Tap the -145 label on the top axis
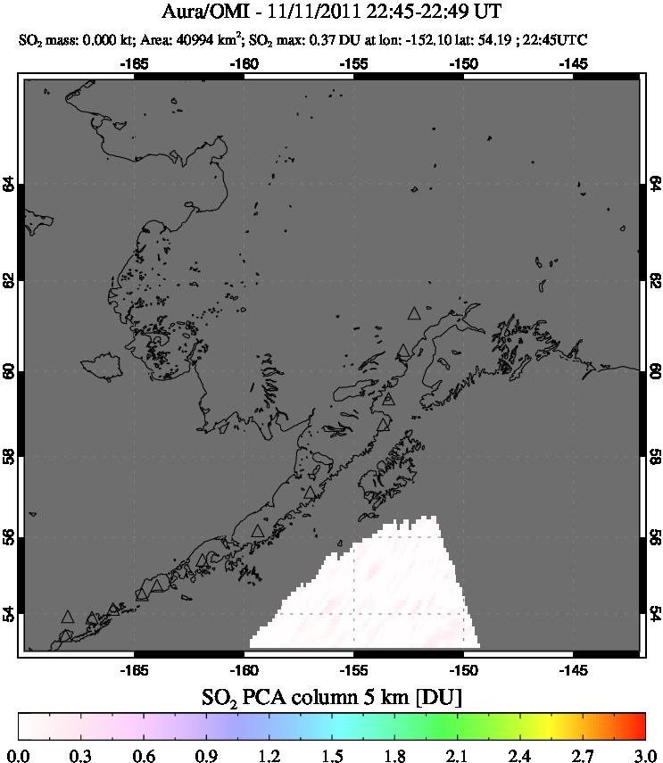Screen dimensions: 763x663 coord(573,63)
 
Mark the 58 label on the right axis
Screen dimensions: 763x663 coord(652,457)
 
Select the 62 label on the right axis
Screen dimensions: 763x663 coord(652,279)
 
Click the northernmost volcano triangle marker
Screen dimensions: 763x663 coord(413,313)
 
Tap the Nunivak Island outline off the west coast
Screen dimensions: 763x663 coord(101,365)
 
